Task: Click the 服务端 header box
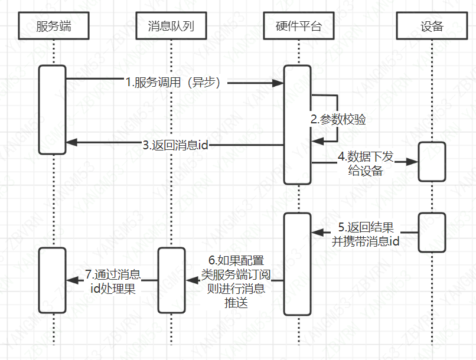click(x=54, y=26)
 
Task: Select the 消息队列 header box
click(x=171, y=26)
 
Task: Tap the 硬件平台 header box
click(x=298, y=26)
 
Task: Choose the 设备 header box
click(x=432, y=26)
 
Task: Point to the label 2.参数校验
click(x=338, y=119)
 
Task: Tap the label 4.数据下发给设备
click(x=364, y=163)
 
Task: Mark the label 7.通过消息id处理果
click(x=112, y=281)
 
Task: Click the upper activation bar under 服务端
click(x=53, y=110)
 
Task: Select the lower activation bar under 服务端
click(x=53, y=280)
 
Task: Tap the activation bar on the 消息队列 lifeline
click(x=171, y=280)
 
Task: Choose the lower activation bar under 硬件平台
click(x=297, y=264)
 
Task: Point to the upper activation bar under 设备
click(x=432, y=161)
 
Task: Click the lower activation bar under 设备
click(x=432, y=233)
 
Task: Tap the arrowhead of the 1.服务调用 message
click(x=278, y=84)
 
